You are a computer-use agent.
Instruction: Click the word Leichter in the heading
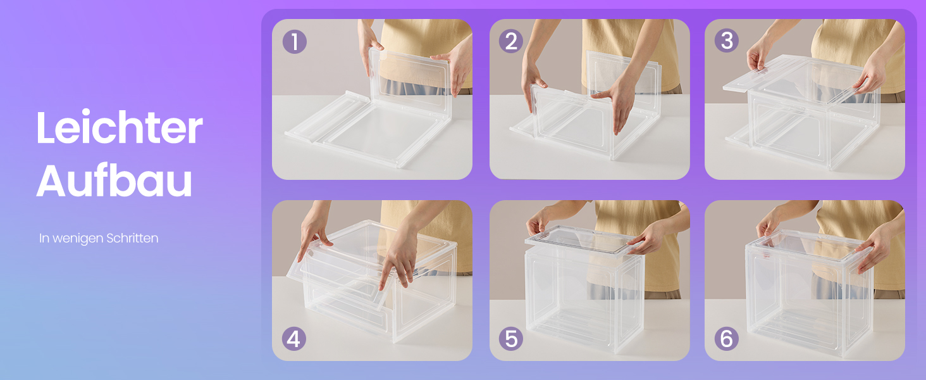tap(120, 127)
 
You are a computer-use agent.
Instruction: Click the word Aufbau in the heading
tap(114, 181)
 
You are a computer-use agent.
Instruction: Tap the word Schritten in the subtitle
tap(132, 238)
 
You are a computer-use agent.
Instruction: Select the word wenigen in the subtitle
tap(78, 239)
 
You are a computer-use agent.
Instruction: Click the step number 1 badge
tap(294, 41)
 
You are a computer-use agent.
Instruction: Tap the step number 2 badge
tap(511, 41)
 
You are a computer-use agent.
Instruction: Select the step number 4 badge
tap(294, 339)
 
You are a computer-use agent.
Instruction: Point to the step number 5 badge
tap(511, 339)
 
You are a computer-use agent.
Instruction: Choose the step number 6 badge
tap(727, 339)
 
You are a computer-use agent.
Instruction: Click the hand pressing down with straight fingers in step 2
tap(615, 103)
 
